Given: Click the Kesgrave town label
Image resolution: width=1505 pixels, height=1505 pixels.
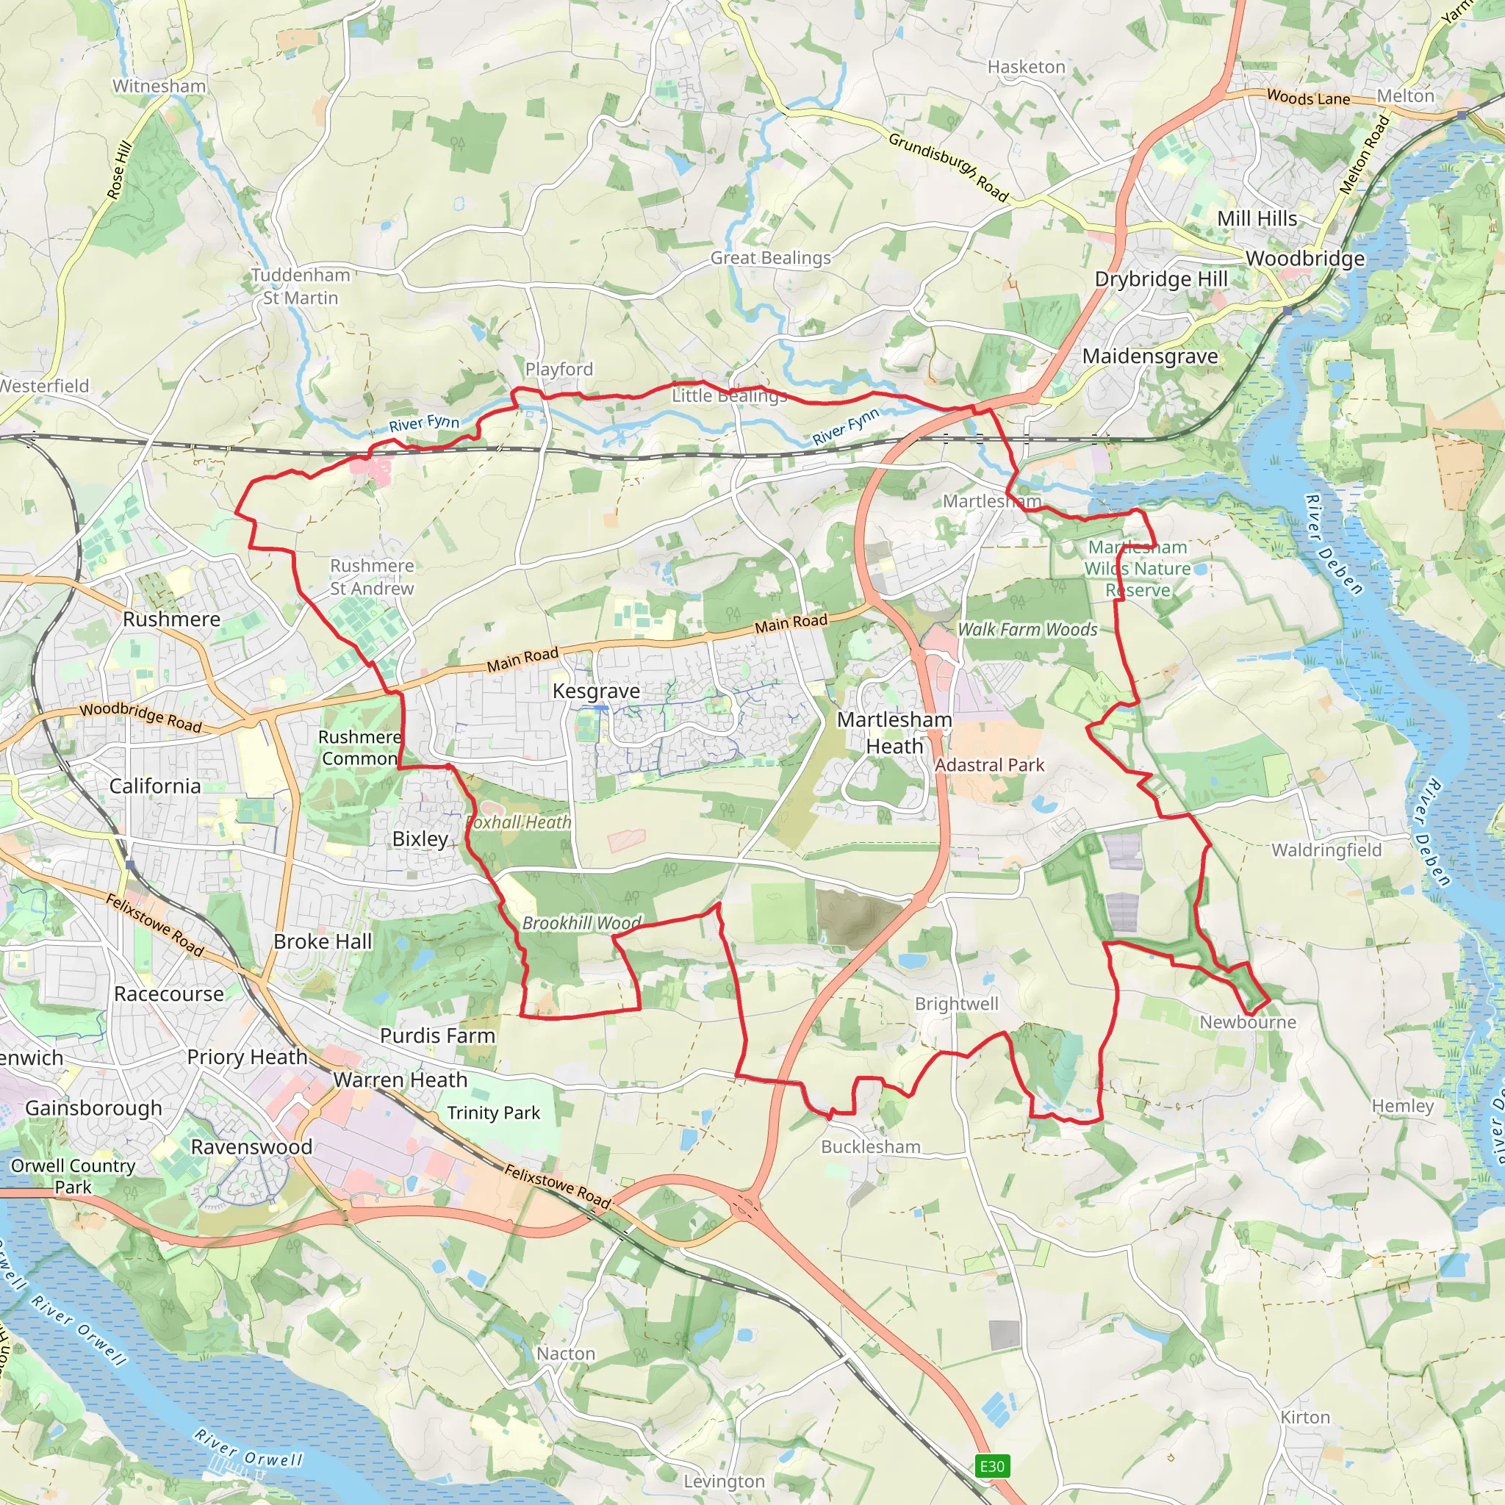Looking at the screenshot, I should pos(596,691).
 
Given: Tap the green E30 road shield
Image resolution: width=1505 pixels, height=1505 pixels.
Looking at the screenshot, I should pos(991,1466).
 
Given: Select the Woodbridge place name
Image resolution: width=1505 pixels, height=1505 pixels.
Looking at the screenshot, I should pos(1305,259).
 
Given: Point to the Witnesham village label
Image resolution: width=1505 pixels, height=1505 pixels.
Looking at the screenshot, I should pos(159,87).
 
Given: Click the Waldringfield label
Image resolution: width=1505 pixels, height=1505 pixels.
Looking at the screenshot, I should pos(1326,850).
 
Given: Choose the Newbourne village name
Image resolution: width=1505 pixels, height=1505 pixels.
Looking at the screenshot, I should pos(1248,1022).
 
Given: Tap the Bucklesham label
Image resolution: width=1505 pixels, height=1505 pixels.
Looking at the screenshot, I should pos(871,1146).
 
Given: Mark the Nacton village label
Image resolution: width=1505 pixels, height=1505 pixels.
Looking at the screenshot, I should pos(566,1354).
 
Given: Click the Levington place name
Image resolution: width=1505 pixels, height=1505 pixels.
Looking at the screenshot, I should pos(724,1481).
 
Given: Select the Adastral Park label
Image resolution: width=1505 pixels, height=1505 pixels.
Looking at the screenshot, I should pos(989,765).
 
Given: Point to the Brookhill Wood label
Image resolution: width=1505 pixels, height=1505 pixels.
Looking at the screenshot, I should pos(582,923).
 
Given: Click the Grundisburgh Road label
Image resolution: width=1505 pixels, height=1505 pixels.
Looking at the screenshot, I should pos(948,167).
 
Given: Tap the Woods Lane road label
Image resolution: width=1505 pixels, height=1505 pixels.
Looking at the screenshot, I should pos(1308,98).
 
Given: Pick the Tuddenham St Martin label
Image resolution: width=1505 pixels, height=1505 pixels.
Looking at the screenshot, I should pos(301,286).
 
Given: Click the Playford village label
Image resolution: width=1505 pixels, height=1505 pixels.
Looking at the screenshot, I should pos(558,369).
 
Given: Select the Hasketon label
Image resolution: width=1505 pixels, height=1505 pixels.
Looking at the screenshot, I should pos(1026,67).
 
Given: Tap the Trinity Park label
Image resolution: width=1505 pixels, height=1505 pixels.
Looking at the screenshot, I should pos(493,1113).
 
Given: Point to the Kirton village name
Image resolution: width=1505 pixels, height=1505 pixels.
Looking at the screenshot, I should pos(1306,1417).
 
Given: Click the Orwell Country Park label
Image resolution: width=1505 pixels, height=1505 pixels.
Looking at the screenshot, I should pos(73,1177).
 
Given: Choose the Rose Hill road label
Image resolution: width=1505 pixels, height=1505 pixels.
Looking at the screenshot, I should pos(119,170).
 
